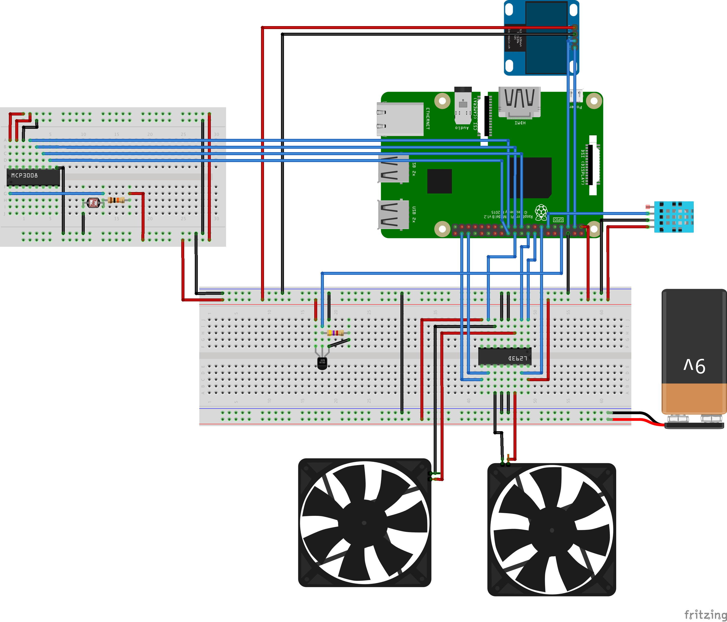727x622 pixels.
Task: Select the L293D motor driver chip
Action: tap(505, 357)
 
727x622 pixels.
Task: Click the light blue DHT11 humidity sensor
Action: tap(674, 217)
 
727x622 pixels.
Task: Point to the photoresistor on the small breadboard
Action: tap(93, 202)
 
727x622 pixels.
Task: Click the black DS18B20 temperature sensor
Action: tap(322, 363)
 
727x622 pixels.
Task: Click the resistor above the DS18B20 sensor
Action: tap(335, 333)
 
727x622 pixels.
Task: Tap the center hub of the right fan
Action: tap(552, 530)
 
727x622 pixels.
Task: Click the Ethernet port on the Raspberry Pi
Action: tap(400, 119)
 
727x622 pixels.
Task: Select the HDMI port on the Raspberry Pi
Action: tap(519, 102)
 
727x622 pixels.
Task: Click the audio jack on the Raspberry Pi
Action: tap(463, 105)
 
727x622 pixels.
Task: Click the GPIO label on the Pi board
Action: tap(558, 220)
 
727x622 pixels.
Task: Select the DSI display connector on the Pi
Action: tap(592, 165)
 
